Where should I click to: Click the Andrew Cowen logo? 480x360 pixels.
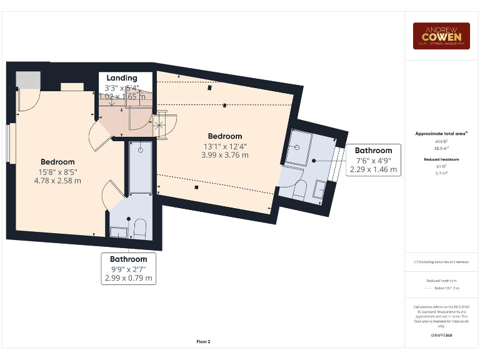point(441,36)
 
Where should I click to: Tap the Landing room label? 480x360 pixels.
point(121,78)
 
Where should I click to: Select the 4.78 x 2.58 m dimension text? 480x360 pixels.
point(57,181)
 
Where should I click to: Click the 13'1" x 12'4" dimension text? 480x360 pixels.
point(224,146)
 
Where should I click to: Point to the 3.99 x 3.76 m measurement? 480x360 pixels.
point(224,155)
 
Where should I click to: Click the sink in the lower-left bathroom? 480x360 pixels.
point(118,231)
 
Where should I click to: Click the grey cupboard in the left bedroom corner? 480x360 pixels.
point(27,80)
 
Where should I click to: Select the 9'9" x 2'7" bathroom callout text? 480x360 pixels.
point(128,269)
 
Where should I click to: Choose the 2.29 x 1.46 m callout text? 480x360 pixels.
point(373,169)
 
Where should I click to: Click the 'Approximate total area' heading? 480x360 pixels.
point(441,134)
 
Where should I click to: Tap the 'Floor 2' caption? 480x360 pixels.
point(203,342)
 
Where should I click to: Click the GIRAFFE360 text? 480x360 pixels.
point(441,336)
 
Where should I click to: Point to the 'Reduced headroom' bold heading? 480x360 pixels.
point(441,160)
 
